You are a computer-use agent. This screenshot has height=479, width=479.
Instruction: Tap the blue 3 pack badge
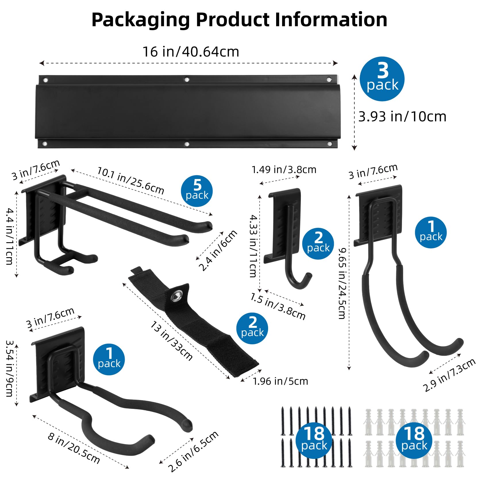[x=382, y=79]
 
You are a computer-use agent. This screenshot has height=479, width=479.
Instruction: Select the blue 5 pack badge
[x=197, y=191]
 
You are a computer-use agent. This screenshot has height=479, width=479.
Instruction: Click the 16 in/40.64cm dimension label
[x=191, y=52]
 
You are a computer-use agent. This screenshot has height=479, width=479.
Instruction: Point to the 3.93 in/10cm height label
[x=402, y=117]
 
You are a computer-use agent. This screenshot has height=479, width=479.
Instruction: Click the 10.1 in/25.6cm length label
[x=131, y=180]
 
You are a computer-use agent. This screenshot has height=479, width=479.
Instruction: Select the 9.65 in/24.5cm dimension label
[x=342, y=284]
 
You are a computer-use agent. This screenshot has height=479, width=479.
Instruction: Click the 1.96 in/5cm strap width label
[x=280, y=381]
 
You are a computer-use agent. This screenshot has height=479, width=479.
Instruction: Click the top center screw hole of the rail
[x=187, y=79]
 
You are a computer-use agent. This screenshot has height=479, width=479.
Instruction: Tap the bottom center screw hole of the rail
[x=187, y=144]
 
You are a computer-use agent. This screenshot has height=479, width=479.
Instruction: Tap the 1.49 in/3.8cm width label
[x=284, y=170]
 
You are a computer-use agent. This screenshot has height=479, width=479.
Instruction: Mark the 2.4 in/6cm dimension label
[x=218, y=250]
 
